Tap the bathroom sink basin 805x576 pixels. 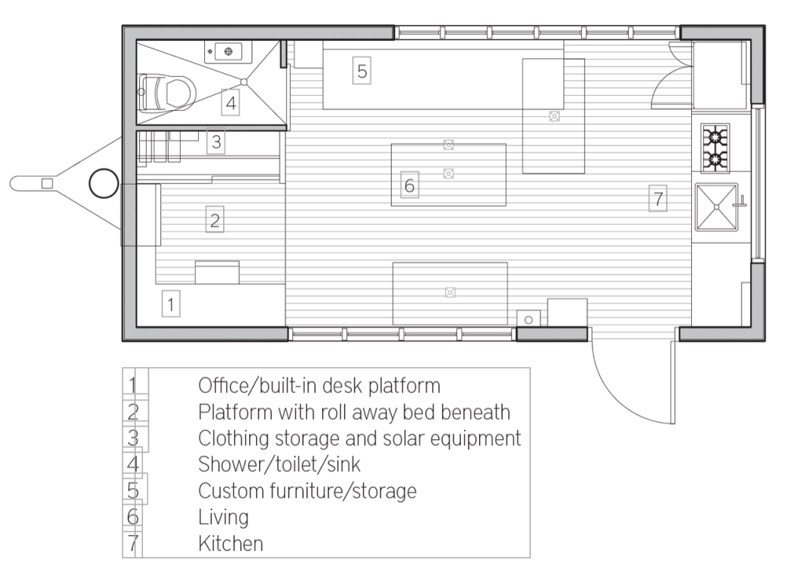pyautogui.click(x=229, y=52)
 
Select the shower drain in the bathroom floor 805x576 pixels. pyautogui.click(x=245, y=82)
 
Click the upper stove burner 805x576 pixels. pyautogui.click(x=715, y=138)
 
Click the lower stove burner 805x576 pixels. pyautogui.click(x=715, y=160)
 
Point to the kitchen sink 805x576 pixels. pyautogui.click(x=717, y=207)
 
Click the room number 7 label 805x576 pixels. pyautogui.click(x=658, y=198)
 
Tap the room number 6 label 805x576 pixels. pyautogui.click(x=409, y=185)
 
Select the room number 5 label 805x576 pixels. pyautogui.click(x=362, y=71)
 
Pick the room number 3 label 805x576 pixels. pyautogui.click(x=216, y=141)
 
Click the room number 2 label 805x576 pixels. pyautogui.click(x=215, y=220)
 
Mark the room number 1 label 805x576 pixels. pyautogui.click(x=171, y=304)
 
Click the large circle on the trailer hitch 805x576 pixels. pyautogui.click(x=104, y=183)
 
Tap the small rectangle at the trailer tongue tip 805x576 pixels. pyautogui.click(x=47, y=183)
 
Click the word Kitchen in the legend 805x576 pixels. pyautogui.click(x=231, y=543)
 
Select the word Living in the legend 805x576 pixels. pyautogui.click(x=223, y=517)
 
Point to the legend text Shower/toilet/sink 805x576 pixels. pyautogui.click(x=279, y=464)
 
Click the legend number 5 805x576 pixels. pyautogui.click(x=133, y=490)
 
